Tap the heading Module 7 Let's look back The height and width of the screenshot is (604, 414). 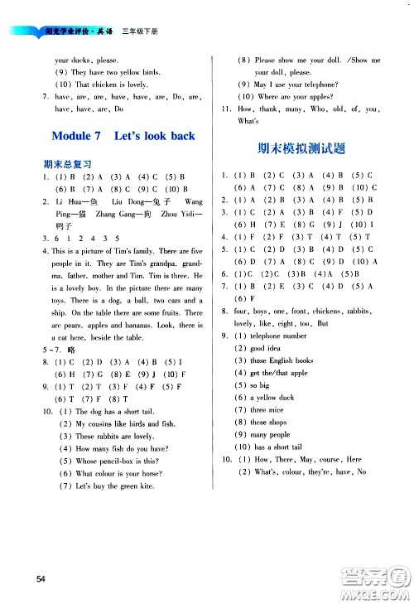(123, 136)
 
